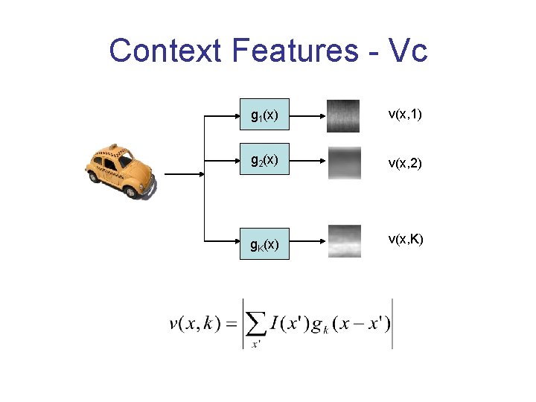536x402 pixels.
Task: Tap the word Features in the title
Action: pos(295,51)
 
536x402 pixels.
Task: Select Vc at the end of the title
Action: pos(408,51)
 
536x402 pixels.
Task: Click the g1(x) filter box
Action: pos(265,115)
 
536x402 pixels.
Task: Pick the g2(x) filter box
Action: pos(265,160)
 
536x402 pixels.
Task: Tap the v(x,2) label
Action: pos(405,162)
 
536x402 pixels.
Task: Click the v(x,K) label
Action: pos(405,239)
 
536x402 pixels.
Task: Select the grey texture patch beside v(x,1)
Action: pos(343,115)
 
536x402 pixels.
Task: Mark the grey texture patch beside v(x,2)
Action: pos(343,162)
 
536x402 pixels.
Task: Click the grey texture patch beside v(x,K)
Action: pos(343,241)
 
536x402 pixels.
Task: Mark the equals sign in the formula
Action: pos(231,324)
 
